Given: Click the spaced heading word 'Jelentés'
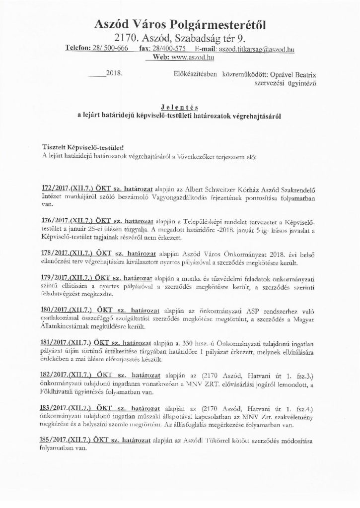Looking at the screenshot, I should (x=179, y=106).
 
